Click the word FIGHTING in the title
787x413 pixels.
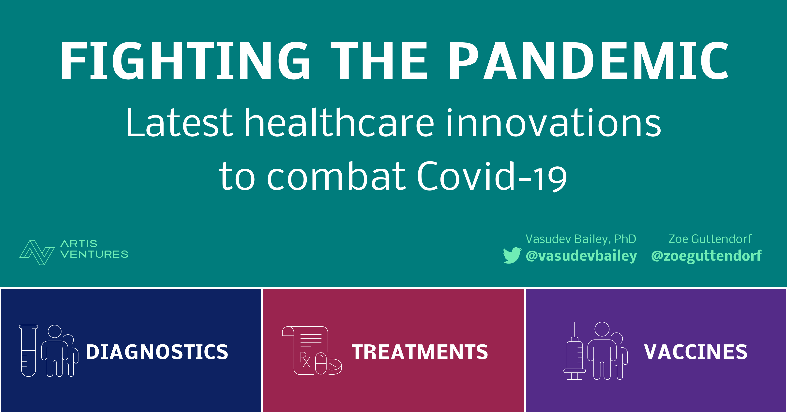pyautogui.click(x=185, y=60)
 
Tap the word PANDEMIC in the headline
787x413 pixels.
pyautogui.click(x=588, y=60)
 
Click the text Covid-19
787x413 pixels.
pyautogui.click(x=492, y=177)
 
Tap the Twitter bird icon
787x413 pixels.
pyautogui.click(x=512, y=255)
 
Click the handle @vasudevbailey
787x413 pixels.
pyautogui.click(x=581, y=256)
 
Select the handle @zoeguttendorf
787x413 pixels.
pyautogui.click(x=706, y=256)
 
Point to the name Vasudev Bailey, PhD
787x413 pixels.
pyautogui.click(x=580, y=239)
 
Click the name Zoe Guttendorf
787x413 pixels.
pyautogui.click(x=710, y=239)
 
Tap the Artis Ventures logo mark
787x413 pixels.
pyautogui.click(x=37, y=252)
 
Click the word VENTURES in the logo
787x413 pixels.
pyautogui.click(x=94, y=254)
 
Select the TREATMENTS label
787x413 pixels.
pyautogui.click(x=420, y=352)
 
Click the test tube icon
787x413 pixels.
pyautogui.click(x=29, y=351)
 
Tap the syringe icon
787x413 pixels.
pyautogui.click(x=574, y=351)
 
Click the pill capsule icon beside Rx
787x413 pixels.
pyautogui.click(x=321, y=364)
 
